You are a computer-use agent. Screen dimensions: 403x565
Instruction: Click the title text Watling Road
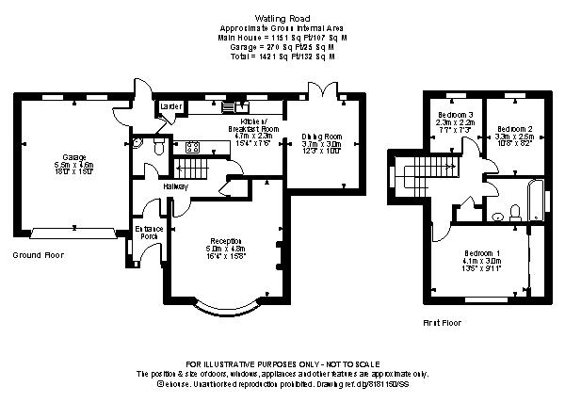point(282,17)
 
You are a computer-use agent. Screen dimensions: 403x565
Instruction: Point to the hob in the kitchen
point(194,146)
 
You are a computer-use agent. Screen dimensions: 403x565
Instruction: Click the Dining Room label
point(320,137)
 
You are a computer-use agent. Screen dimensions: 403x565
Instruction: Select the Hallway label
point(176,186)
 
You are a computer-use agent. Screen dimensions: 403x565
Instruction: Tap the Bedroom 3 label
point(454,115)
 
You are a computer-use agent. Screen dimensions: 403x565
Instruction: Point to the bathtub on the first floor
point(538,200)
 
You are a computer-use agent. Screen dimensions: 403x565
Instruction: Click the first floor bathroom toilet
point(499,216)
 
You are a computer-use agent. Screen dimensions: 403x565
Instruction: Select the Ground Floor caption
point(37,255)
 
